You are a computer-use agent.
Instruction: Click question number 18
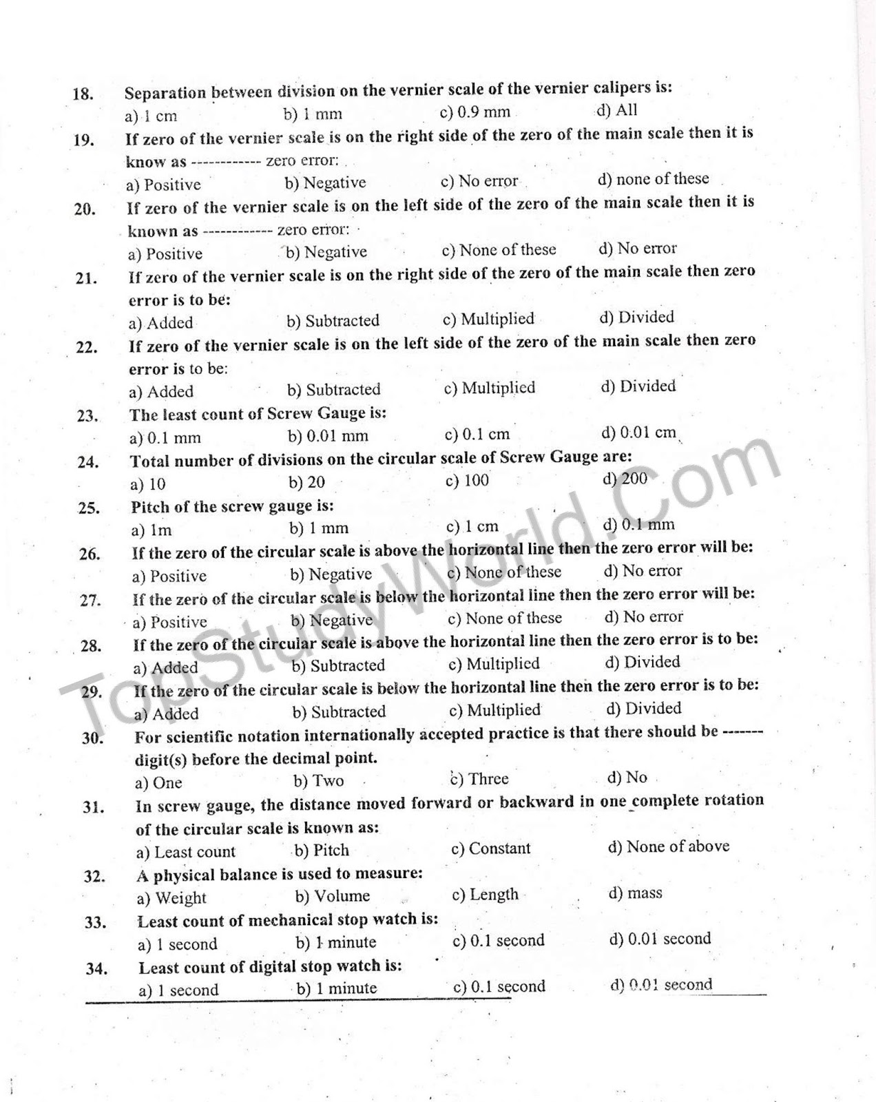83,94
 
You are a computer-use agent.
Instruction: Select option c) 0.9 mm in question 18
474,112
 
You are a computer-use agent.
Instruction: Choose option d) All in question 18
616,110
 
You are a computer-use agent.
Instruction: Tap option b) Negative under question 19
325,183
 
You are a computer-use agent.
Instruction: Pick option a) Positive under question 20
165,254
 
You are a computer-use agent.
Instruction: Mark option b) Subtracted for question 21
333,321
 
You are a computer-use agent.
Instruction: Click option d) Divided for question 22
638,386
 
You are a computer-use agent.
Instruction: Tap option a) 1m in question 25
151,530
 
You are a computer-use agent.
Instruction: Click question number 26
90,554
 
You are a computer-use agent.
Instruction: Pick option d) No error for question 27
643,617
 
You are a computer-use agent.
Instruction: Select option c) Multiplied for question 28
494,664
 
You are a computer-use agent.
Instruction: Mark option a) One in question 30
158,783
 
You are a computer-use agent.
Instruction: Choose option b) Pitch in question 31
322,851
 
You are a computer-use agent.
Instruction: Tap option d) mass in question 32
635,893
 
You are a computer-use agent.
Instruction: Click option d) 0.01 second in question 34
660,985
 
